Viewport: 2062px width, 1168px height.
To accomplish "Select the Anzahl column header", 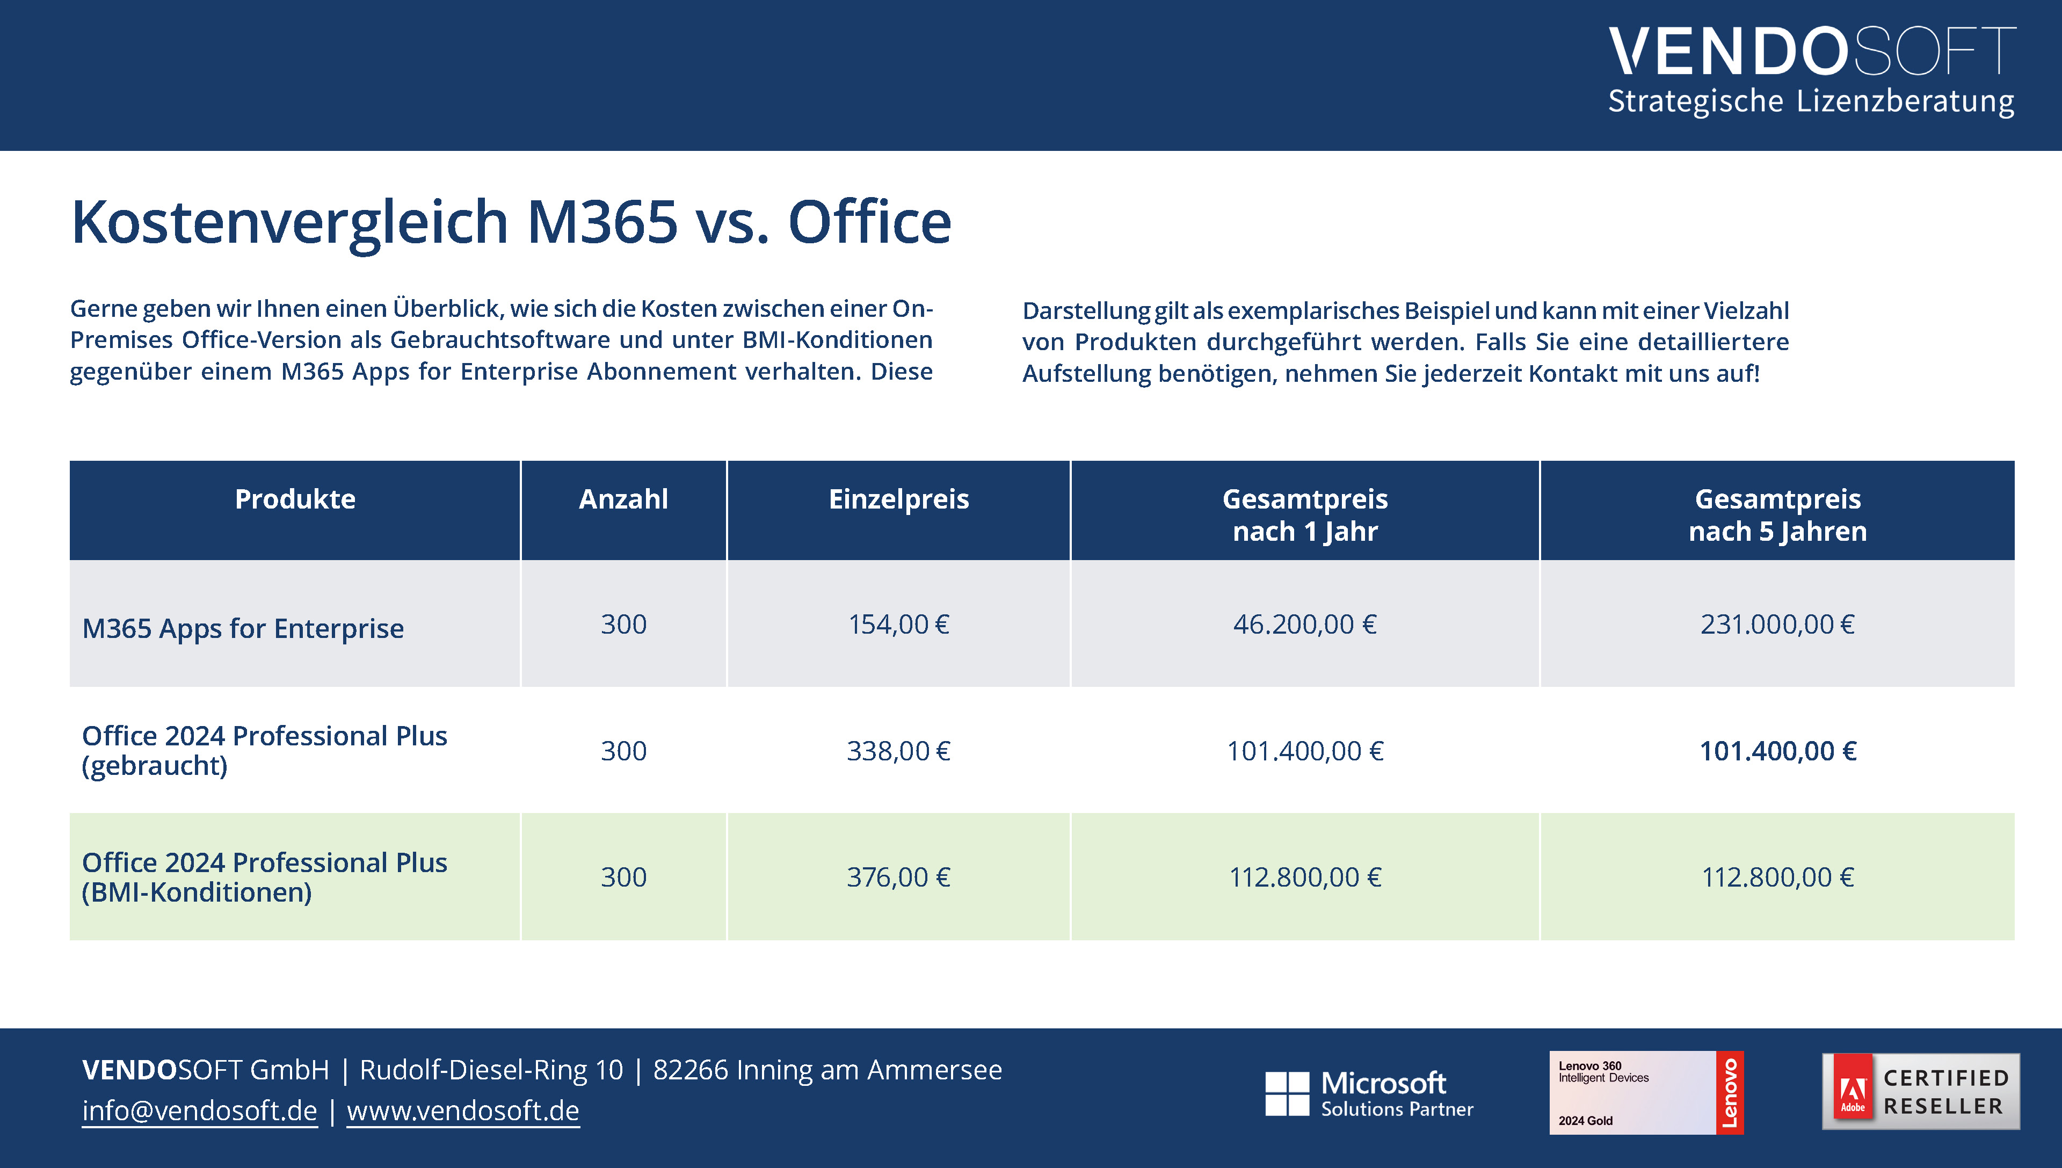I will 623,499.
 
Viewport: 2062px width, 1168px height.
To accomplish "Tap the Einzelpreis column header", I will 898,499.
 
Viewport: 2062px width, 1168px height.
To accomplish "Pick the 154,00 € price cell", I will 898,624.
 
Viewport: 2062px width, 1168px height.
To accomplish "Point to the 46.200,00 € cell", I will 1305,624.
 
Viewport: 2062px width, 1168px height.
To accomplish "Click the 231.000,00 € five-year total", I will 1777,624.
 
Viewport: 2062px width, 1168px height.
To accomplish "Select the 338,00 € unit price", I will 898,751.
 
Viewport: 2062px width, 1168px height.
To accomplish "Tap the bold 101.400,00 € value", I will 1777,751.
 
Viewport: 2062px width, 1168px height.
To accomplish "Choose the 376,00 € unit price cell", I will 898,877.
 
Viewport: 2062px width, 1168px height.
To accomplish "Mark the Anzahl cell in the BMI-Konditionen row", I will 623,877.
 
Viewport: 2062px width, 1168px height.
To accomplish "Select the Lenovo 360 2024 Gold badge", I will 1646,1093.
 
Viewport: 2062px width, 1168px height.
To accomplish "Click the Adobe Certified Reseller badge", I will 1921,1092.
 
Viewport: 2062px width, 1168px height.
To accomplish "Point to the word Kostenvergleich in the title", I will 289,222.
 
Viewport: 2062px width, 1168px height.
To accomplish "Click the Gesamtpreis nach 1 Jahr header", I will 1305,514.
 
